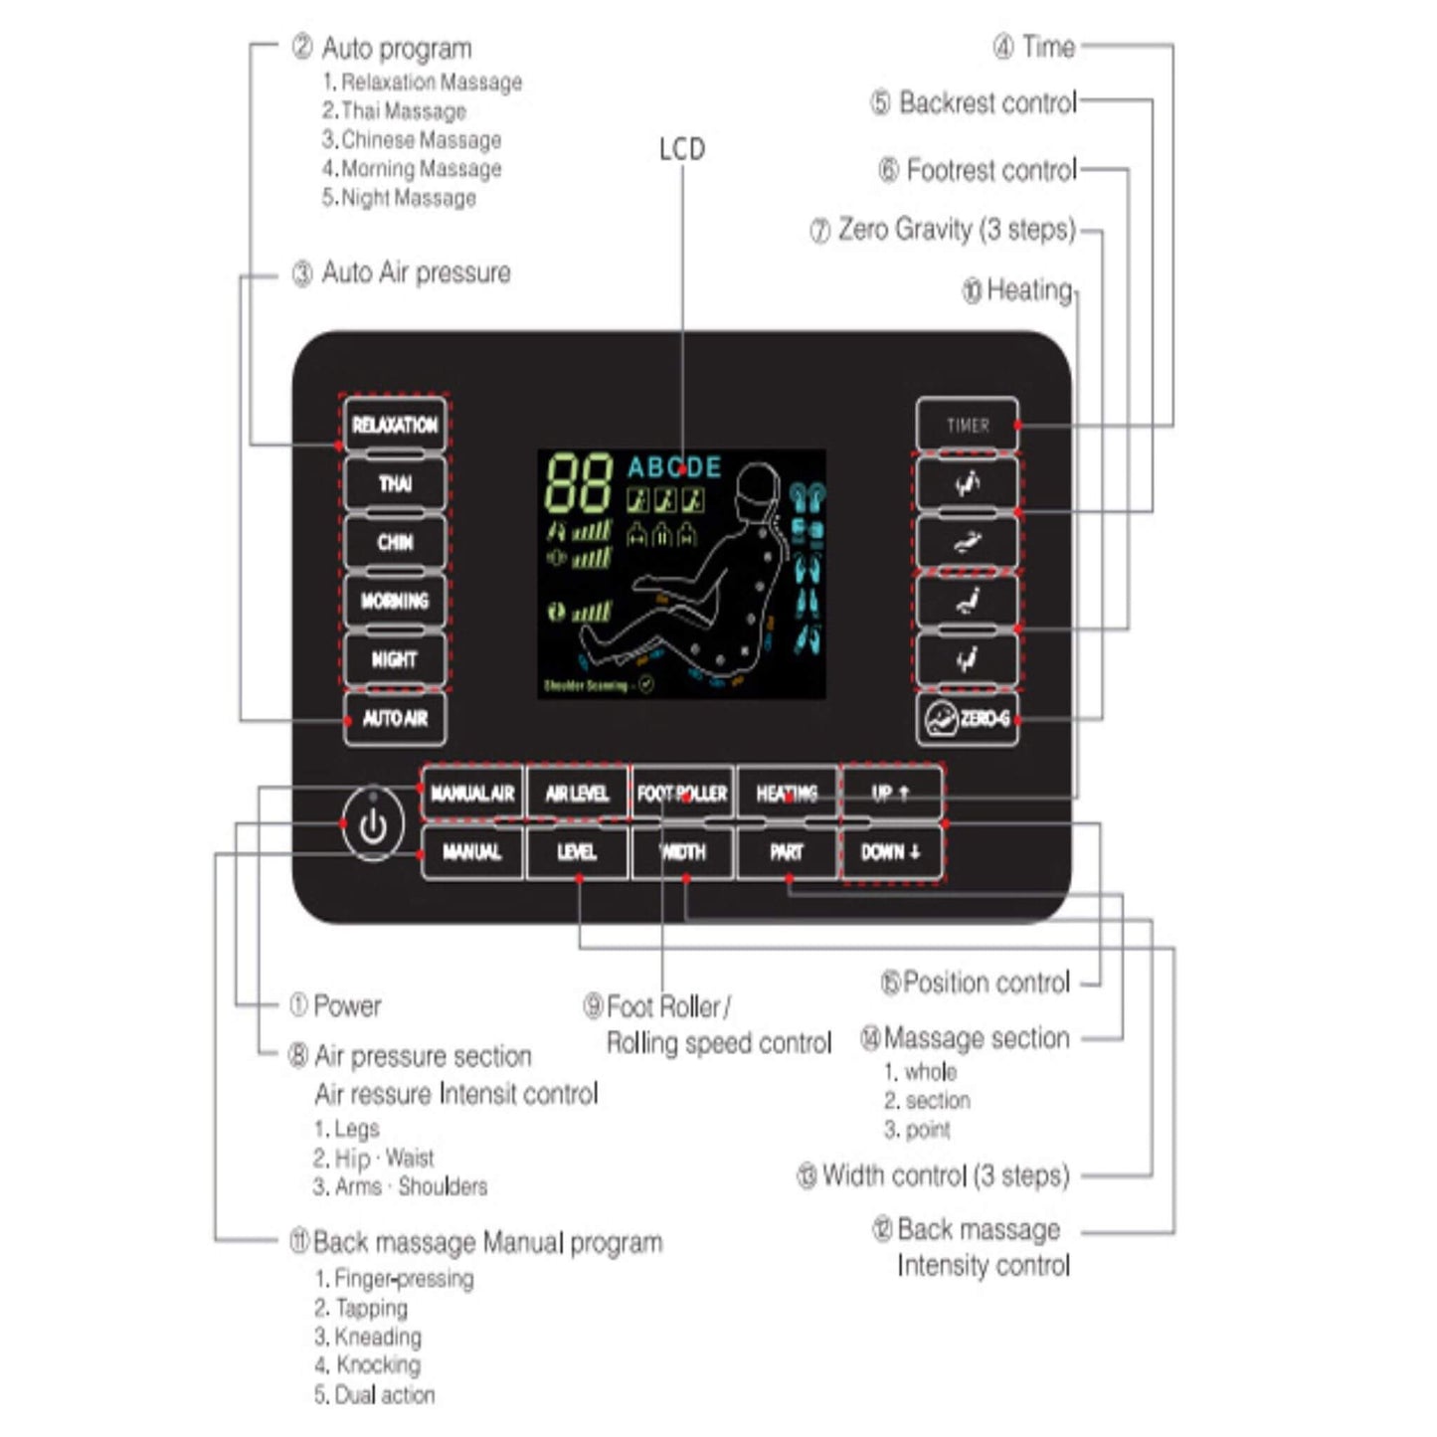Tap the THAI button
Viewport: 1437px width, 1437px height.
tap(395, 483)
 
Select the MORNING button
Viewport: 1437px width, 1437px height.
tap(395, 601)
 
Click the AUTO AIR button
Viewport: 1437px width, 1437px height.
tap(395, 718)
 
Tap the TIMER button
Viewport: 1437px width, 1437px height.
tap(967, 426)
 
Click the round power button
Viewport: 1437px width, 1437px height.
tap(373, 825)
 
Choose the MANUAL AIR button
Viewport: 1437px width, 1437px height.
tap(472, 794)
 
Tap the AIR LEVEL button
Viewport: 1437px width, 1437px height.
tap(577, 794)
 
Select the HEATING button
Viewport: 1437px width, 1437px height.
tap(787, 794)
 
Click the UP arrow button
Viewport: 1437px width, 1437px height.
tap(891, 794)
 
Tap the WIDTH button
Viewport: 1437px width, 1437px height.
tap(682, 852)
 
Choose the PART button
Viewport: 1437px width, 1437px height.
tap(787, 852)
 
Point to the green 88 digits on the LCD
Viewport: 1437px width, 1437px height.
tap(578, 483)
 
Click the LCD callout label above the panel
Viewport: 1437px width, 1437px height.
tap(682, 149)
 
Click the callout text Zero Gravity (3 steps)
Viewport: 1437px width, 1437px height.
tap(956, 230)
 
